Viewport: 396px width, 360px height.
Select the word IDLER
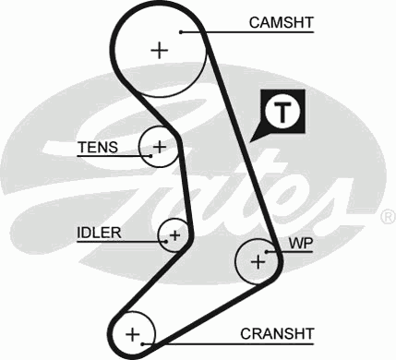(99, 232)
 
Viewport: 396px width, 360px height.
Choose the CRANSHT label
(278, 332)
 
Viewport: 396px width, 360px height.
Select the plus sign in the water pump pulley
(257, 263)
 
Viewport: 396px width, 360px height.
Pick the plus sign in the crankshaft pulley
(132, 332)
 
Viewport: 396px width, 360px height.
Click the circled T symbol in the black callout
(282, 112)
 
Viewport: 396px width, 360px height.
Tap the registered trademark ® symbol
(388, 217)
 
